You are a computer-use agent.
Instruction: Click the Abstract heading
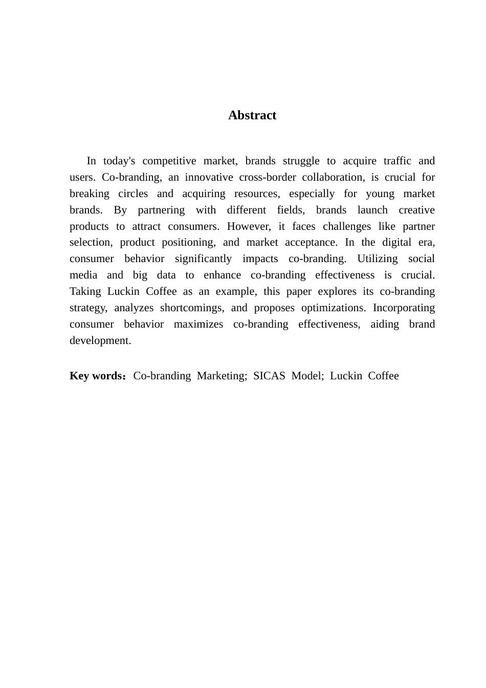point(252,115)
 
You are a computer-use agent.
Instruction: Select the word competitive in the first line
point(169,161)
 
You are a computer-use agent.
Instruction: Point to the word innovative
point(207,178)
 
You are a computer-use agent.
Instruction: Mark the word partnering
point(161,210)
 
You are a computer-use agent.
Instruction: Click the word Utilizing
point(377,259)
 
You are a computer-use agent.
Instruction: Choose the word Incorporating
point(404,308)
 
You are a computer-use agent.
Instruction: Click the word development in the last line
point(100,341)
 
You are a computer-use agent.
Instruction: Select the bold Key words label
point(96,376)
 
